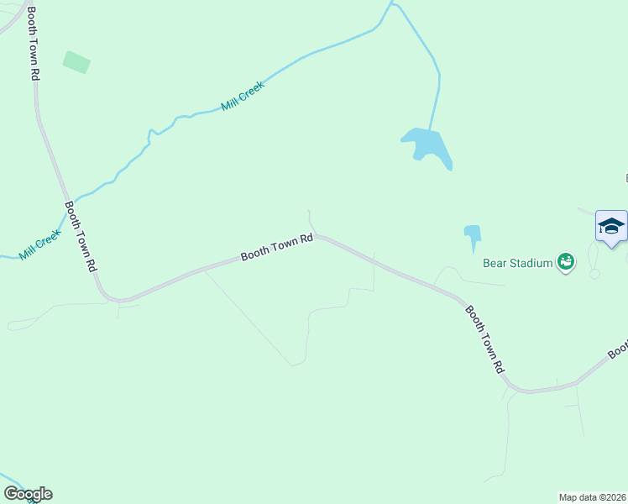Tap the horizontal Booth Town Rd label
pyautogui.click(x=277, y=247)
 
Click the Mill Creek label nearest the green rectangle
pyautogui.click(x=243, y=96)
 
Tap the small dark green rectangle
pyautogui.click(x=76, y=62)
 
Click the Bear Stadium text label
pyautogui.click(x=518, y=263)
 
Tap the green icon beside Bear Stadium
pyautogui.click(x=567, y=263)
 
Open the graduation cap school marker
pyautogui.click(x=611, y=226)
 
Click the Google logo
pyautogui.click(x=28, y=494)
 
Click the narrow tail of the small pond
pyautogui.click(x=474, y=246)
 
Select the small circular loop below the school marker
pyautogui.click(x=594, y=274)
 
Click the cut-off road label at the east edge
pyautogui.click(x=620, y=349)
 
